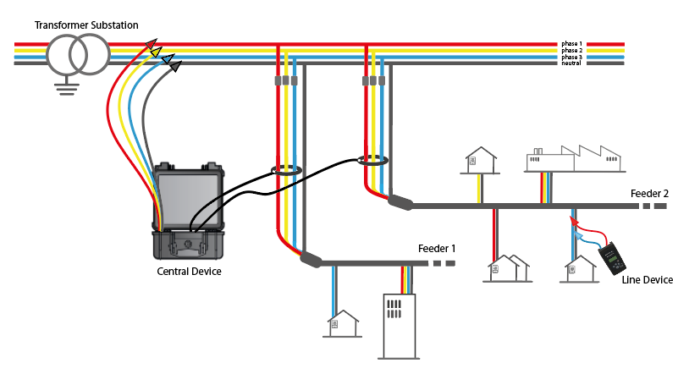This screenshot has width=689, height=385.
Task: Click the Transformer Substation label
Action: (86, 25)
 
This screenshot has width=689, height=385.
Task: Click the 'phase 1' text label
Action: (571, 42)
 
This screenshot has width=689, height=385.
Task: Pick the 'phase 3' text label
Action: (571, 57)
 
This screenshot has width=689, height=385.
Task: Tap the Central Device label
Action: (190, 272)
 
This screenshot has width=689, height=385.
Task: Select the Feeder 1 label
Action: (437, 249)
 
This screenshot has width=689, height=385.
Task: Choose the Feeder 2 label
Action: (649, 193)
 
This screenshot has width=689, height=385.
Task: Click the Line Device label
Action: (648, 279)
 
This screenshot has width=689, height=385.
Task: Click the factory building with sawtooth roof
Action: (574, 158)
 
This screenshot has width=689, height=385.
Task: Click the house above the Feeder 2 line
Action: (477, 160)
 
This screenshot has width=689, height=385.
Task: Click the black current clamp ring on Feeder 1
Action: (287, 171)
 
